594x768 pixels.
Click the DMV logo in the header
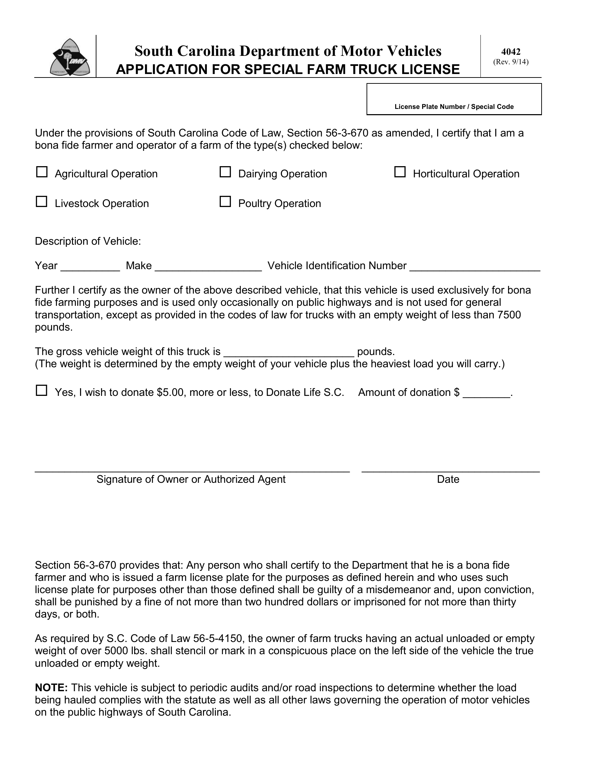(x=69, y=57)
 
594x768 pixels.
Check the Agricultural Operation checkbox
(x=42, y=172)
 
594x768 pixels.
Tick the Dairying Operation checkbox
(x=225, y=172)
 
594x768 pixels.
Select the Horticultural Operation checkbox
(x=399, y=172)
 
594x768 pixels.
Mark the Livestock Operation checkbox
(x=42, y=201)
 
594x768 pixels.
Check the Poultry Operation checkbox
(x=225, y=201)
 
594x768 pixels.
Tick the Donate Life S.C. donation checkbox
(x=42, y=390)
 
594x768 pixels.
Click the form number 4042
(x=510, y=52)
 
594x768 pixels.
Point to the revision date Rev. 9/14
(x=510, y=62)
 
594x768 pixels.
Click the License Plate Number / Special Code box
(x=454, y=95)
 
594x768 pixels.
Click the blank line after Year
(x=90, y=268)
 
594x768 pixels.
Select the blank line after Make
(x=208, y=268)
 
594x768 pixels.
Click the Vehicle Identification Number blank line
(x=475, y=268)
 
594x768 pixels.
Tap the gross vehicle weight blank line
(x=289, y=354)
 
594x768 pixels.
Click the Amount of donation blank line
(x=486, y=395)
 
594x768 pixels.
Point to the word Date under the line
(x=448, y=479)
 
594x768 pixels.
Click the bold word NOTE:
(x=51, y=687)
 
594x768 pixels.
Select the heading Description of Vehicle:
(x=88, y=241)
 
